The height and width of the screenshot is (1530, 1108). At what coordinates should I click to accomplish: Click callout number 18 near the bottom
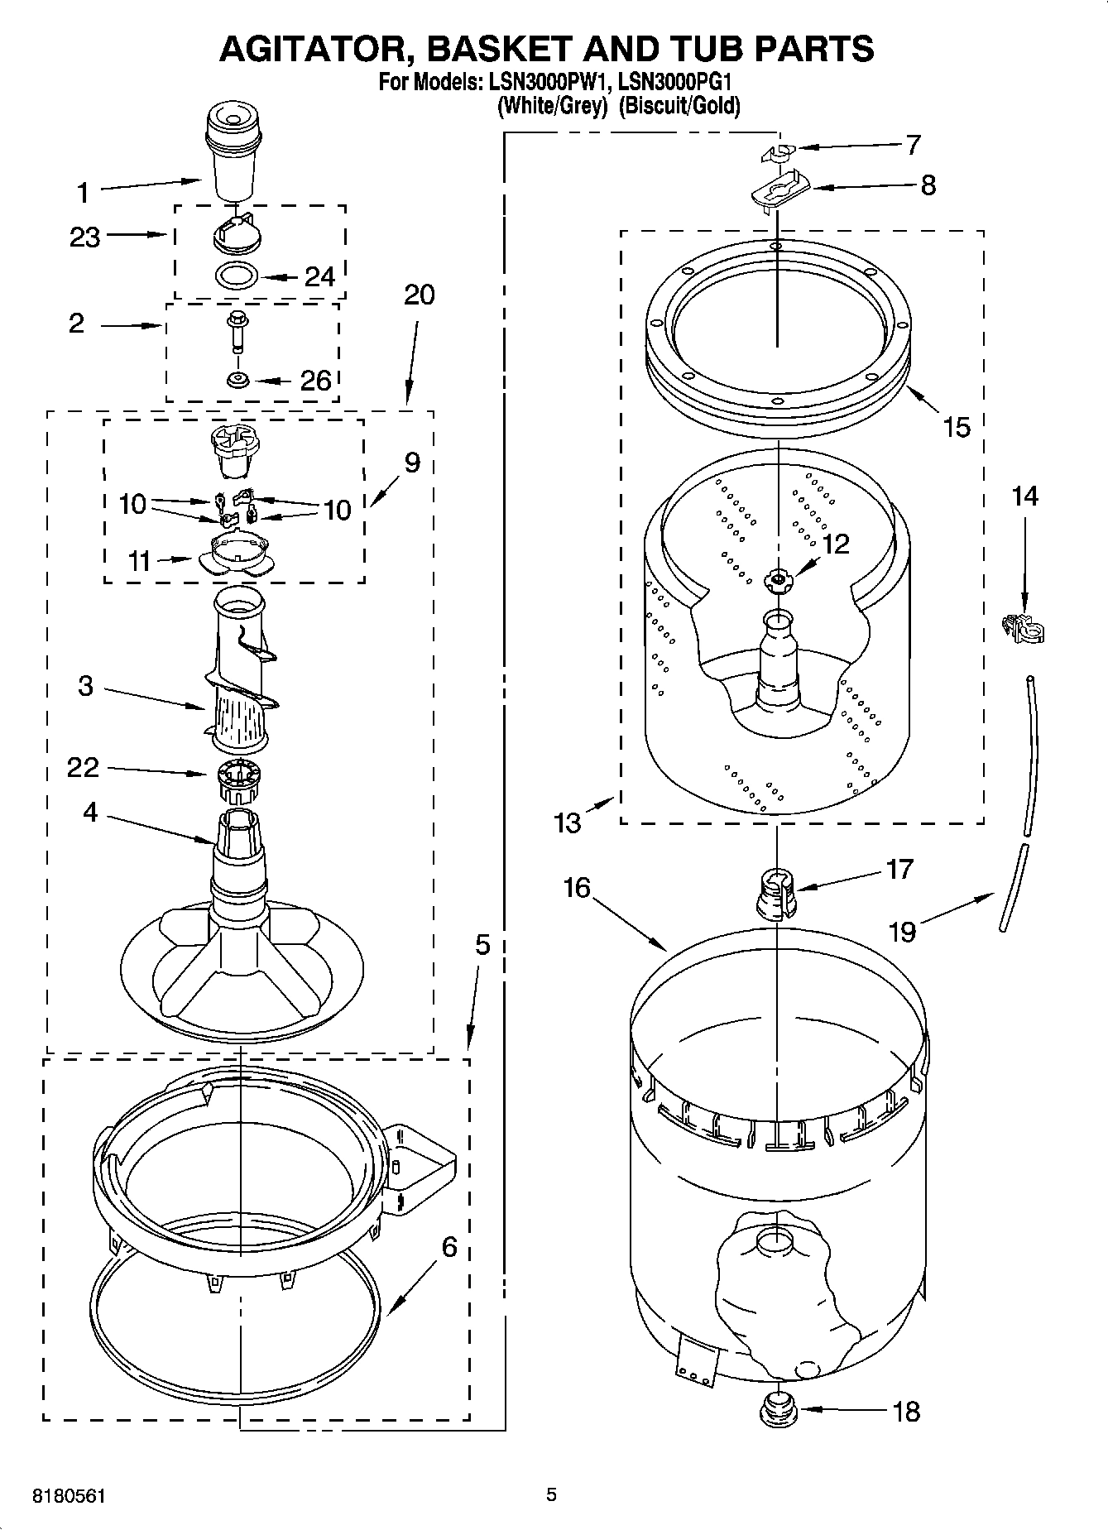click(x=907, y=1411)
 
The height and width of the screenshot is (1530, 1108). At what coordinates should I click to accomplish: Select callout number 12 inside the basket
click(x=836, y=544)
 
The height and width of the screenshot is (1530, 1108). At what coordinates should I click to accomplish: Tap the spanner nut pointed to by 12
click(x=777, y=581)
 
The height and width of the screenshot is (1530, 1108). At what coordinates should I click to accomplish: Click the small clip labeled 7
click(x=776, y=152)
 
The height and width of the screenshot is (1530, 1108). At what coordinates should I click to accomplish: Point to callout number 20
click(x=420, y=295)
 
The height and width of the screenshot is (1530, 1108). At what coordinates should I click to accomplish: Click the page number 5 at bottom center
click(x=551, y=1494)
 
